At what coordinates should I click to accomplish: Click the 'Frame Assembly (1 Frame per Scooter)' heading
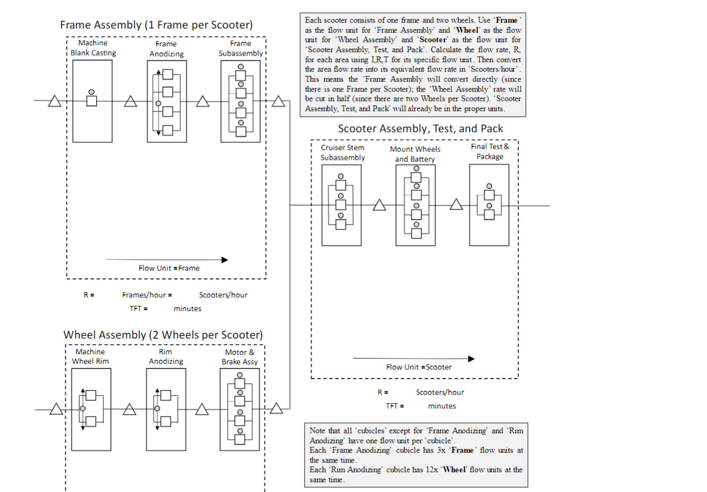tap(156, 25)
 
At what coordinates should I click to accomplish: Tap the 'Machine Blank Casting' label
tap(93, 48)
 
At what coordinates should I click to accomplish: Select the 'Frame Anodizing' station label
tap(166, 49)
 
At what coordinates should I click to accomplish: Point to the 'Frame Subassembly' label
tap(240, 48)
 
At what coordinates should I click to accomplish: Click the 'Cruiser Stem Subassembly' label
tap(342, 152)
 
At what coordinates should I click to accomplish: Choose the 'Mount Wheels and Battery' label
tap(415, 154)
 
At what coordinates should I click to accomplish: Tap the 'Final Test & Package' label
tap(490, 151)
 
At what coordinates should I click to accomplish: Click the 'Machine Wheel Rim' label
tap(90, 356)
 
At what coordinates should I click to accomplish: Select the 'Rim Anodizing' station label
tap(166, 356)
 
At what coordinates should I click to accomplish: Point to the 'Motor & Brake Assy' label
tap(239, 357)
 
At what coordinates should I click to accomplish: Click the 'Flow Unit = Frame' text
tap(169, 268)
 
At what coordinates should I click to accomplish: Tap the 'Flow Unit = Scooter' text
tap(419, 367)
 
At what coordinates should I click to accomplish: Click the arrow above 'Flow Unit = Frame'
tap(167, 260)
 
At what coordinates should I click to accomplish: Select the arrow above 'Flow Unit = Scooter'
tap(413, 358)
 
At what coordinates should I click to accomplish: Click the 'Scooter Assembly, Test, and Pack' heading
tap(420, 129)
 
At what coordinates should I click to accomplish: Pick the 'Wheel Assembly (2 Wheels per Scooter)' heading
tap(163, 335)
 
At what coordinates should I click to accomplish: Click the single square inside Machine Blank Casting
tap(92, 101)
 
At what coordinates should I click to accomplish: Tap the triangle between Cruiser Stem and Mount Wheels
tap(379, 205)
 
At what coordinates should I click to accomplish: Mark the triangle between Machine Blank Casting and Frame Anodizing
tap(130, 101)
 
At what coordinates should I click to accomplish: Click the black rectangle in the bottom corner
tap(634, 467)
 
